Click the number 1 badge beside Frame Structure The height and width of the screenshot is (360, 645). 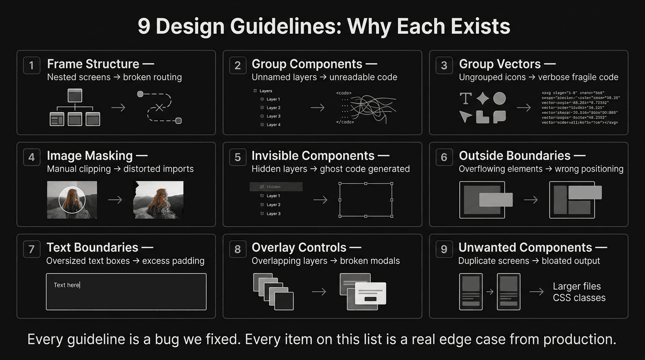[x=31, y=66]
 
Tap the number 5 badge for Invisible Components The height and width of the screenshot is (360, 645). [x=238, y=157]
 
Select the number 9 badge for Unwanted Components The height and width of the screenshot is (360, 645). [x=444, y=249]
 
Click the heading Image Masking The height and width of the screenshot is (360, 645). [x=90, y=156]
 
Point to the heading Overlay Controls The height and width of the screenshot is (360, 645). [x=299, y=247]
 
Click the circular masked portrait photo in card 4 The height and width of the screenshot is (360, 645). [x=72, y=200]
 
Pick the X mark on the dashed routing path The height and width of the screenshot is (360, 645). [x=159, y=107]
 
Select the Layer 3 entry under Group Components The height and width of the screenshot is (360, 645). [x=273, y=116]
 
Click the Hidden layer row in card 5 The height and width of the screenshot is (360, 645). [x=276, y=187]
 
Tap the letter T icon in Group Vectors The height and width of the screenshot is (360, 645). [x=465, y=98]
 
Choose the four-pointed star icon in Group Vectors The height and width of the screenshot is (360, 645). [x=483, y=98]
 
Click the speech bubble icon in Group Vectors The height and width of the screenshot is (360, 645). [x=499, y=116]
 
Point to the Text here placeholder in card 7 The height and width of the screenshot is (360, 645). [x=67, y=285]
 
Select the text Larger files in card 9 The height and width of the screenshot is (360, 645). [x=577, y=286]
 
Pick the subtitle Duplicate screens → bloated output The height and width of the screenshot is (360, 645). [x=529, y=261]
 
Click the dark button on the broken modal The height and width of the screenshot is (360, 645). [x=370, y=299]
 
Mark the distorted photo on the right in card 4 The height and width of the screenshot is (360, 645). [x=158, y=200]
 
